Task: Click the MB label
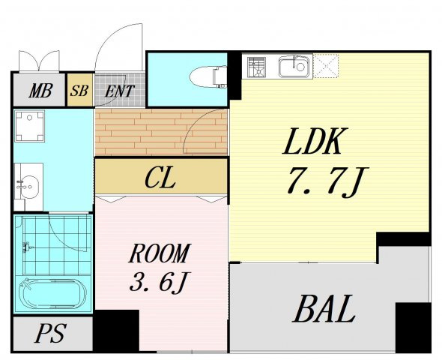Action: point(40,91)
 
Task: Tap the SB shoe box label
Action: point(79,90)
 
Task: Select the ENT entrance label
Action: point(120,91)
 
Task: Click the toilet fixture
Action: point(208,76)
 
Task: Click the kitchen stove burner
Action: point(256,67)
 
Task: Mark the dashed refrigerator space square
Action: point(326,66)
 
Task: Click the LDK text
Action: point(315,141)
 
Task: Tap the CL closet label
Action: point(160,177)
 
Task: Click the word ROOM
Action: point(160,253)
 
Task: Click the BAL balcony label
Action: point(324,308)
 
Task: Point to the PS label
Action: point(51,333)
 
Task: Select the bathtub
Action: point(52,293)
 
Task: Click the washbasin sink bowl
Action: point(28,187)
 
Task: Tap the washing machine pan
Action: point(30,126)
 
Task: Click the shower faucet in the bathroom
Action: point(28,247)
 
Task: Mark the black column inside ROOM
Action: point(116,331)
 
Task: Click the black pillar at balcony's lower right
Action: point(413,327)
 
